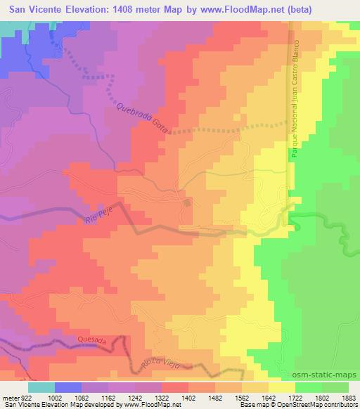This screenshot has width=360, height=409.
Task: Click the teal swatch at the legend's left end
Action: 41,387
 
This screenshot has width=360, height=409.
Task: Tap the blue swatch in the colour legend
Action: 68,387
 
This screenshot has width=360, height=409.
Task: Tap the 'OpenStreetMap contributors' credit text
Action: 316,405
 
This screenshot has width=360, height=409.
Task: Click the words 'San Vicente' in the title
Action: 34,8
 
